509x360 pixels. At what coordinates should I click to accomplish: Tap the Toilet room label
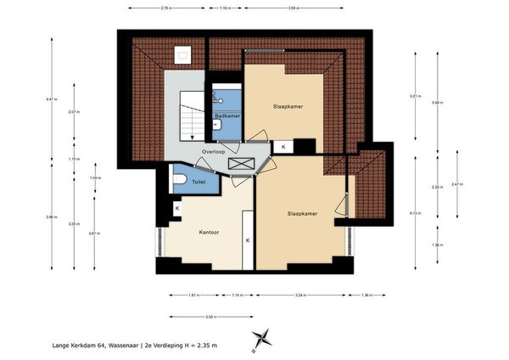tap(199, 182)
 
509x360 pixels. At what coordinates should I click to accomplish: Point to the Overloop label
tap(213, 152)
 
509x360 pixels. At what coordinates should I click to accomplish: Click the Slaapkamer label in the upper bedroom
tap(288, 107)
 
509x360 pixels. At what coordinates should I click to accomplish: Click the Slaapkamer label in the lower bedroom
tap(302, 213)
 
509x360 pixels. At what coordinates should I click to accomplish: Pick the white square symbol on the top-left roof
tap(182, 57)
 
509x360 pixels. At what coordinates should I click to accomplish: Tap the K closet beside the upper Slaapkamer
tap(283, 147)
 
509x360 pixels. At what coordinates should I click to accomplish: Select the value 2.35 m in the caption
tap(204, 346)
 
